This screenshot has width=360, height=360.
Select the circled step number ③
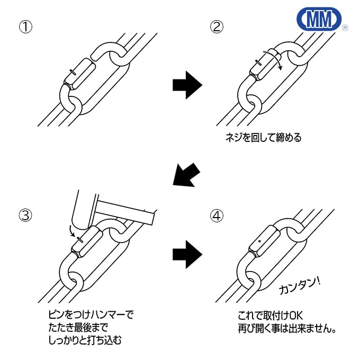(25, 215)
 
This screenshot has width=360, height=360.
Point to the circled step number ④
(216, 215)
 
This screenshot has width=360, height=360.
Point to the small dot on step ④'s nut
(259, 241)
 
